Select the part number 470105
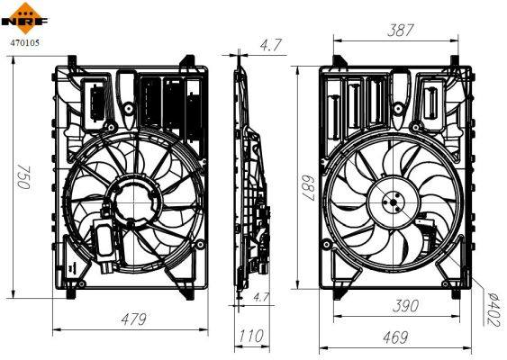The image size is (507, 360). pyautogui.click(x=23, y=40)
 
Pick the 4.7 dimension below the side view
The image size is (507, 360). pyautogui.click(x=262, y=296)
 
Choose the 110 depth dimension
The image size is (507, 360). pyautogui.click(x=250, y=337)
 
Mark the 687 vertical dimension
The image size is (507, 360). pyautogui.click(x=308, y=189)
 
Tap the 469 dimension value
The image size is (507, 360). pyautogui.click(x=390, y=338)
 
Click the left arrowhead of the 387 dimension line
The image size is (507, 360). pyautogui.click(x=336, y=40)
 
